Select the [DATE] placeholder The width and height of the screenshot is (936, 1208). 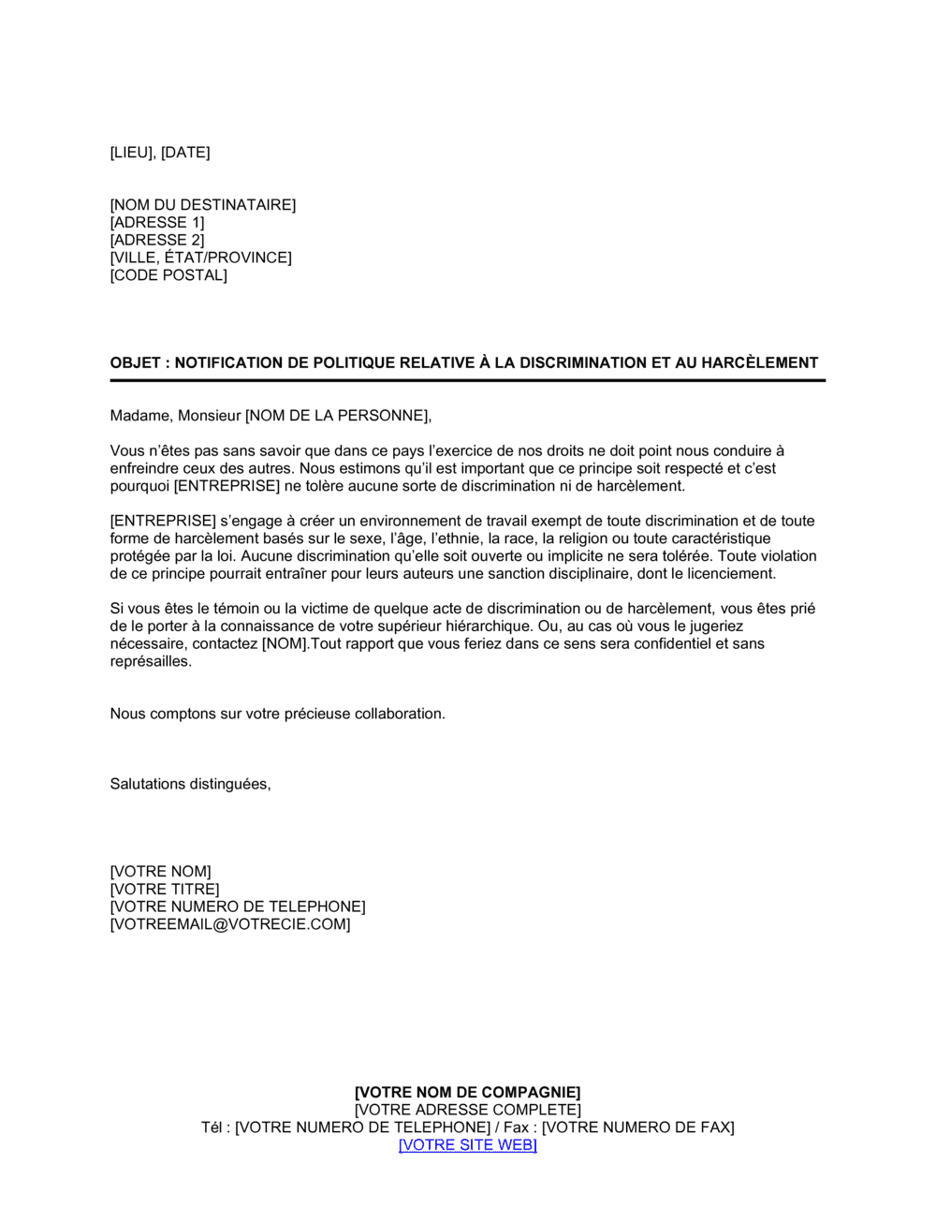pos(185,153)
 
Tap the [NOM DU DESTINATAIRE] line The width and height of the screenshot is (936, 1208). pos(202,205)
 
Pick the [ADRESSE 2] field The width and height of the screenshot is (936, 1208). pos(156,240)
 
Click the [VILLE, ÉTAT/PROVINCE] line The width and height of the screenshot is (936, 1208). pos(200,258)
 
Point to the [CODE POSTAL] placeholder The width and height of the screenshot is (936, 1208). pos(168,275)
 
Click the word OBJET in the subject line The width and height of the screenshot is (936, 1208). pos(135,363)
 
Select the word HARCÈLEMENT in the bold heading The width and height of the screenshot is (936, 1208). pos(763,363)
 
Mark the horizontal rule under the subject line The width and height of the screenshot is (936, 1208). pos(468,381)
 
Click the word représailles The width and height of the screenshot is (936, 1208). pos(151,661)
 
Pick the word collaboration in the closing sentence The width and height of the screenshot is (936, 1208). pos(401,714)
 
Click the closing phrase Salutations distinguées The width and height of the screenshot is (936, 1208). pos(190,785)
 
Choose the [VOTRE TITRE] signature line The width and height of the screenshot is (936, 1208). pos(165,890)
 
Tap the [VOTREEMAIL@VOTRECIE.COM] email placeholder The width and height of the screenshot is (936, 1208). pos(230,925)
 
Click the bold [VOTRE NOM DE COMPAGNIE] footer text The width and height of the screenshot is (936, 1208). pos(468,1093)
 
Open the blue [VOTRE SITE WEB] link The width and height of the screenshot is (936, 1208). pos(468,1145)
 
